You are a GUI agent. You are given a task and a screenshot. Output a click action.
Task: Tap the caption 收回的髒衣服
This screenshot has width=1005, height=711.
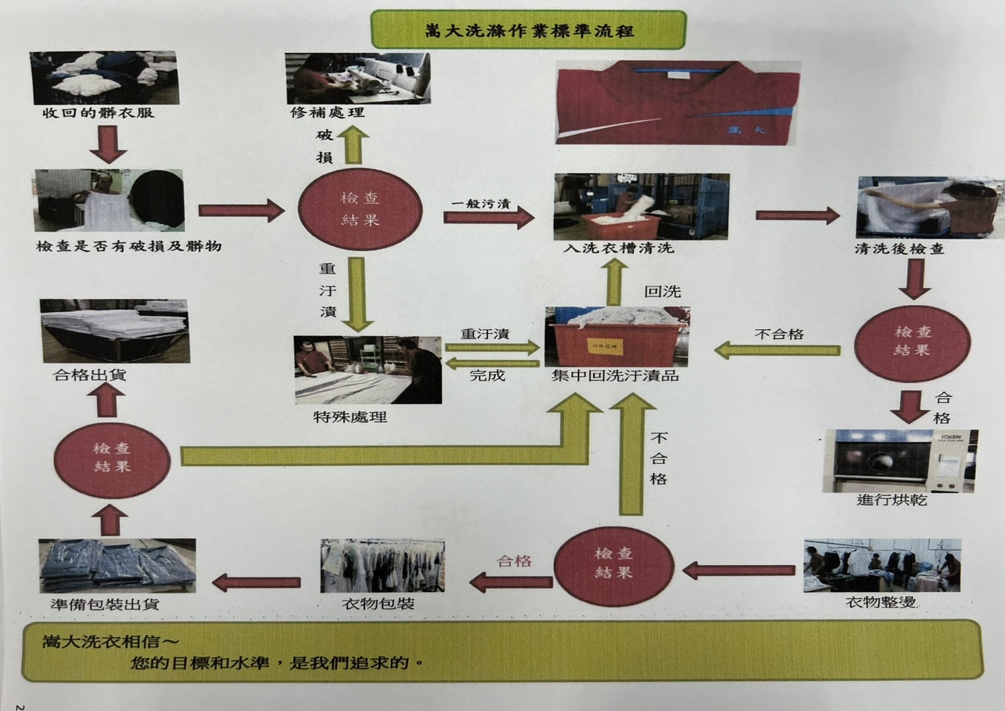coord(99,113)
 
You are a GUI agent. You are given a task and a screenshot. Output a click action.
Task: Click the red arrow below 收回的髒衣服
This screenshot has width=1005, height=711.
coord(108,145)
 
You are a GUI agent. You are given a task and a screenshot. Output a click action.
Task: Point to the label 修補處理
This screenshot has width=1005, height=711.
coord(328,113)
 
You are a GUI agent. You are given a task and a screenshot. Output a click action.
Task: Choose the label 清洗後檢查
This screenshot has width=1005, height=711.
coord(899,249)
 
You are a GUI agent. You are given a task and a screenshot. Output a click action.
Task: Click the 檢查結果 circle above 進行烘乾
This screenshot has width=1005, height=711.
coord(912,341)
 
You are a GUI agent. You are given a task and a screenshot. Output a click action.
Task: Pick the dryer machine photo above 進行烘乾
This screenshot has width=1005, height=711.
coord(899,461)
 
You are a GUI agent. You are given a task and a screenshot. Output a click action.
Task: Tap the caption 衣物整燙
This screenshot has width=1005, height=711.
coord(880,602)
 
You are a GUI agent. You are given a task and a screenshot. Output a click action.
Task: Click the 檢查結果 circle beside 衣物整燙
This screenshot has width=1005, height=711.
coord(613,563)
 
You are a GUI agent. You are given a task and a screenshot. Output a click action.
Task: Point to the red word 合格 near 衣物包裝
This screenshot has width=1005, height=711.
coord(514,561)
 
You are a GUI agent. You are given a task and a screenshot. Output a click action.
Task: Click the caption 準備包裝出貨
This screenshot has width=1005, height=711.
coord(105,604)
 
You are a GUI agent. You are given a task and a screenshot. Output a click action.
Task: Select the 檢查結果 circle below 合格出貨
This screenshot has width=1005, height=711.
coord(112,457)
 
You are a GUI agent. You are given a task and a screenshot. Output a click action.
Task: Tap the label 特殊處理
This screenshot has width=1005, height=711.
coord(350,417)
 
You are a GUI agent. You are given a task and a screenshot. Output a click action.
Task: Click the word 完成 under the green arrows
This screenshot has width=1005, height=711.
coord(487,376)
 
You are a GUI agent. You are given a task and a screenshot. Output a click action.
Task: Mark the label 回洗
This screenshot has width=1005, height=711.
coord(662,291)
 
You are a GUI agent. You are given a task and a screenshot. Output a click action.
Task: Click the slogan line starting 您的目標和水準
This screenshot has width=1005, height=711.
coord(277,662)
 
